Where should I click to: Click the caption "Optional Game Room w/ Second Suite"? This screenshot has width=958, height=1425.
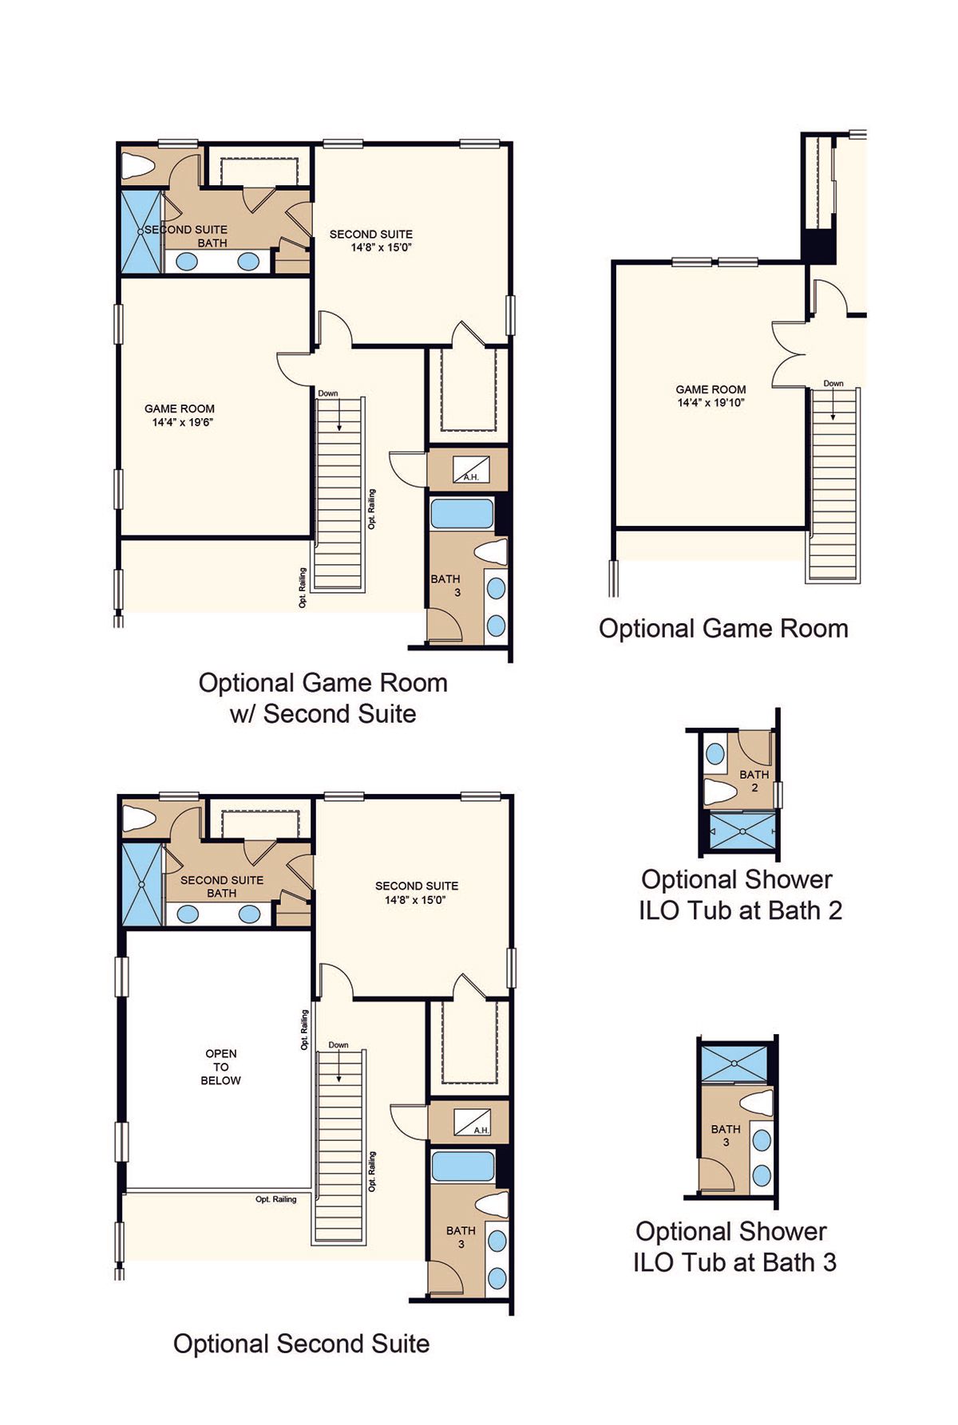(323, 698)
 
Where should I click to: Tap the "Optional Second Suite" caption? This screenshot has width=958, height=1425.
(301, 1344)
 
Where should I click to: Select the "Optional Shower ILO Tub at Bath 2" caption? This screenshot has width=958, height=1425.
(740, 894)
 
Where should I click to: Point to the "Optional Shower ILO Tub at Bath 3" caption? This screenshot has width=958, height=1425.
(734, 1247)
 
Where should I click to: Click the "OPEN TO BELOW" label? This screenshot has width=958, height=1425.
(220, 1067)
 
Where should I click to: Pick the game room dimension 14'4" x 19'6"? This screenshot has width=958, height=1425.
(183, 422)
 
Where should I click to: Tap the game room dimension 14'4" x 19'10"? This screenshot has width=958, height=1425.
(711, 403)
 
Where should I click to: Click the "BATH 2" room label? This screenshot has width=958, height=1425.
(754, 781)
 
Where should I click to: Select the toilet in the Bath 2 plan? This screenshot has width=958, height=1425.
(720, 791)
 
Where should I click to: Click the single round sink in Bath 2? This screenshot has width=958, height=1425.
(715, 753)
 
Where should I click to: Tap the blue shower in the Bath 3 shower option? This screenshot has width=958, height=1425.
(734, 1064)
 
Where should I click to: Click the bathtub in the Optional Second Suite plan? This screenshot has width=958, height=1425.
(462, 1166)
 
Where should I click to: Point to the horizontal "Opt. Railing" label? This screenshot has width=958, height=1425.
(275, 1199)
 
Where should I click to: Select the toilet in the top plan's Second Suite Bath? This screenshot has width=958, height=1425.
(137, 167)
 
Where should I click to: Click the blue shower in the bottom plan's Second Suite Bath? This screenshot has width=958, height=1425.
(141, 884)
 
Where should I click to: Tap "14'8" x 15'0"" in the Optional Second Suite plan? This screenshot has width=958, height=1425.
(415, 900)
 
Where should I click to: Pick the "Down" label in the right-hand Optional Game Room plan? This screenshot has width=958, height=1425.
(833, 384)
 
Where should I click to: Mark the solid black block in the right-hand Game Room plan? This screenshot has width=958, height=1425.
(819, 247)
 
